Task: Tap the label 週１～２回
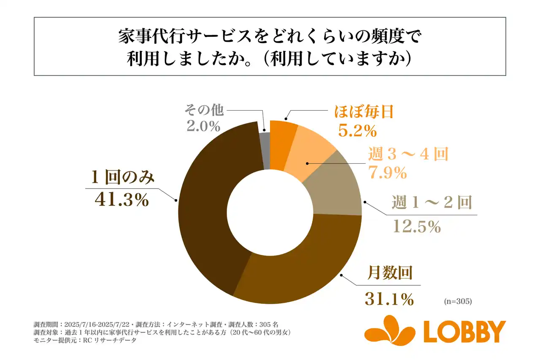click(431, 203)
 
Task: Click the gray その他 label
click(204, 111)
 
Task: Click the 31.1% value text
click(388, 299)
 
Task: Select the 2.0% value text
click(203, 126)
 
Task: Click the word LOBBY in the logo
click(464, 332)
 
